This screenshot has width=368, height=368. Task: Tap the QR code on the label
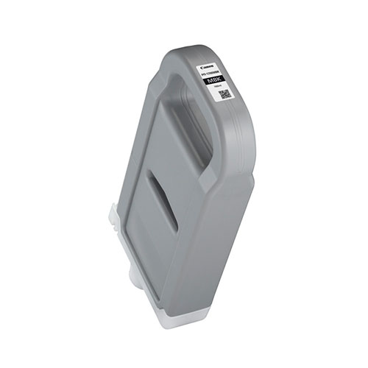(x=224, y=94)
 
